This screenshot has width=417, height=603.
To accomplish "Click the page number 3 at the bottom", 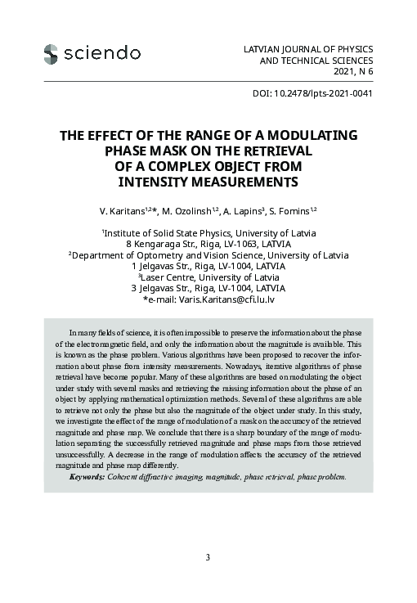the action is click(x=208, y=558).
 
